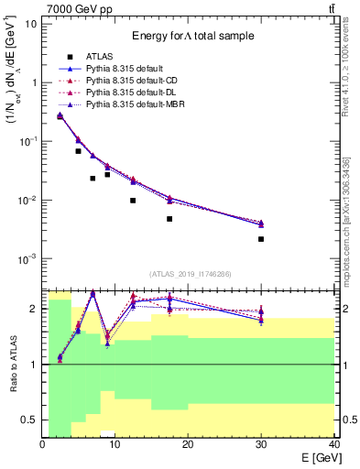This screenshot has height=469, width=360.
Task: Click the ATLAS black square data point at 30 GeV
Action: pyautogui.click(x=261, y=239)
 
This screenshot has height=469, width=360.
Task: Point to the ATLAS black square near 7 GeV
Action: pyautogui.click(x=93, y=179)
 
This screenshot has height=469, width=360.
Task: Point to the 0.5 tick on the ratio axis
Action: pyautogui.click(x=29, y=420)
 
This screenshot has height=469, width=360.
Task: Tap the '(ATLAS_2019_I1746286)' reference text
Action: pyautogui.click(x=191, y=274)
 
